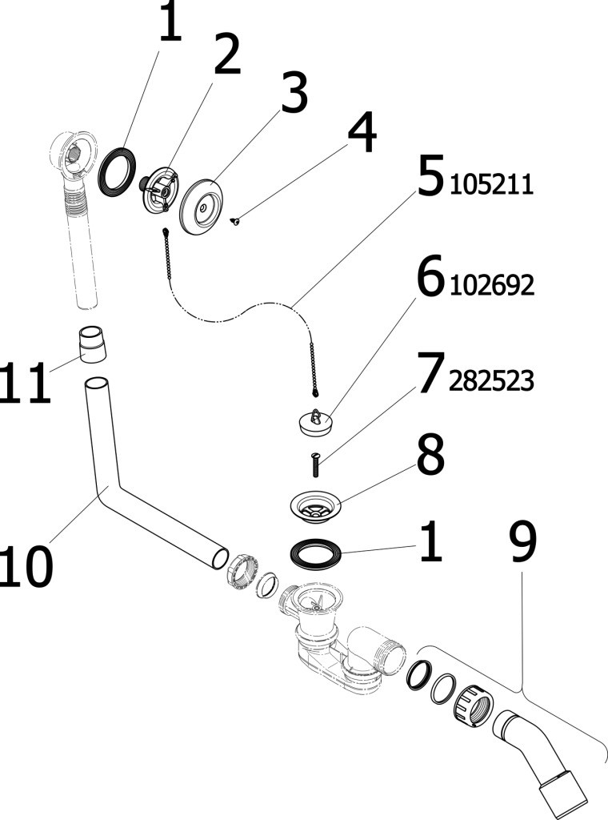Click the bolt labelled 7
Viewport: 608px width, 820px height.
point(315,463)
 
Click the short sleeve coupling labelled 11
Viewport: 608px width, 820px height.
point(94,344)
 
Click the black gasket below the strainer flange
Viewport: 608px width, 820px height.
point(316,553)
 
